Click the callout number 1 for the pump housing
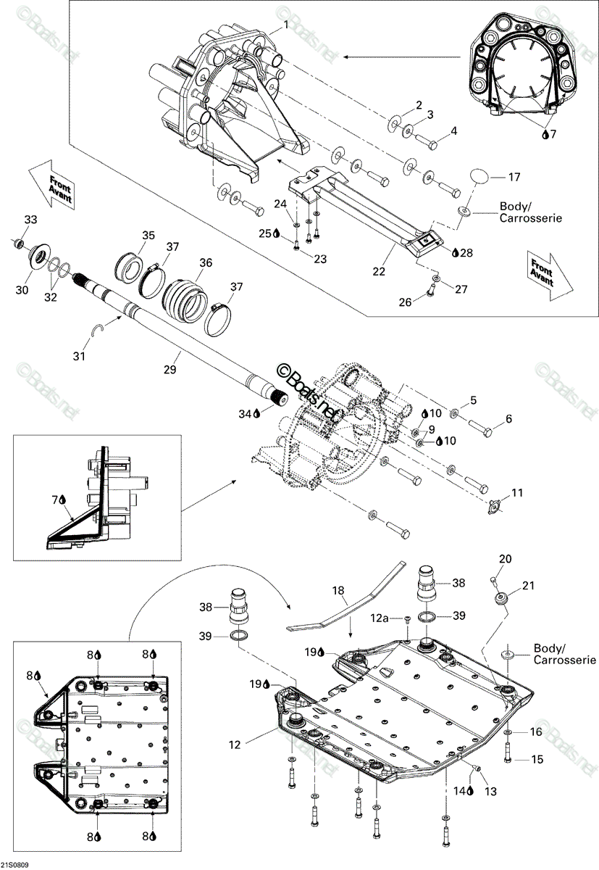(286, 25)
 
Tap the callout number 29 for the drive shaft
(170, 369)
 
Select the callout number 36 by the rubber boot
(206, 262)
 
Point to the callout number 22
(379, 271)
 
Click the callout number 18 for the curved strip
(338, 590)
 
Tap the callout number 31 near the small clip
(79, 356)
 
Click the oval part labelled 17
(480, 176)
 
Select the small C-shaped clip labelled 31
(99, 329)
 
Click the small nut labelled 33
(17, 244)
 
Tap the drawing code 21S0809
(14, 865)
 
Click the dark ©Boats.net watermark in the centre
(306, 391)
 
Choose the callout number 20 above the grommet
(505, 558)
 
